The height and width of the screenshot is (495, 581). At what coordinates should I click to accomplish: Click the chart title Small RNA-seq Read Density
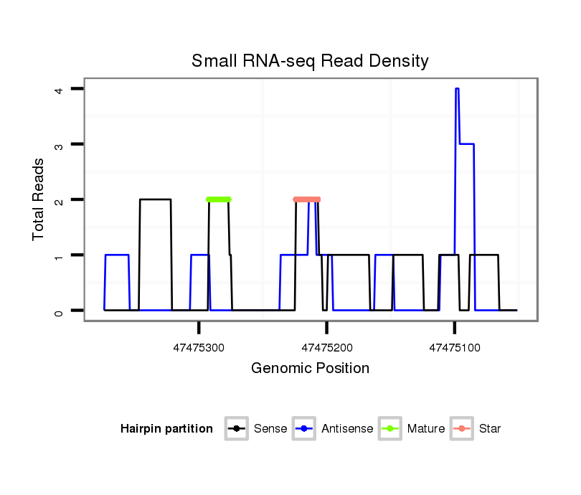pyautogui.click(x=310, y=61)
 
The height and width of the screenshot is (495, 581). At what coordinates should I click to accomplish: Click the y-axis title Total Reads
pyautogui.click(x=39, y=199)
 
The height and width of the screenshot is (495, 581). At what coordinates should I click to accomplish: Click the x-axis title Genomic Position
pyautogui.click(x=310, y=369)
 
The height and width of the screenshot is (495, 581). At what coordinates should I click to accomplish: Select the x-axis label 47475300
pyautogui.click(x=199, y=348)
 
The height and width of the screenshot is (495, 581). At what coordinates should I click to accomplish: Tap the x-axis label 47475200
pyautogui.click(x=327, y=348)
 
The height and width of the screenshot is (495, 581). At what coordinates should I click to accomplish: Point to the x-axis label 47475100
pyautogui.click(x=454, y=348)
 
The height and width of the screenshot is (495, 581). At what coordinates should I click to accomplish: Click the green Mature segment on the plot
pyautogui.click(x=219, y=199)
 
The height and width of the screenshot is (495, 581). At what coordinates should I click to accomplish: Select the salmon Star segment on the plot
pyautogui.click(x=307, y=199)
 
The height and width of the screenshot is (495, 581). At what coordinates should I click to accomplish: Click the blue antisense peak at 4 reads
pyautogui.click(x=457, y=89)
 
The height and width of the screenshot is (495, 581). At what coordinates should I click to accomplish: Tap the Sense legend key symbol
pyautogui.click(x=236, y=429)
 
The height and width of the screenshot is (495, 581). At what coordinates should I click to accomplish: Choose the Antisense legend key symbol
pyautogui.click(x=305, y=429)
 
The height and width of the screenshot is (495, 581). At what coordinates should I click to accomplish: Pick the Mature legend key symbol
pyautogui.click(x=390, y=429)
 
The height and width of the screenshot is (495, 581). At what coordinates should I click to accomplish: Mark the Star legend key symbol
pyautogui.click(x=461, y=429)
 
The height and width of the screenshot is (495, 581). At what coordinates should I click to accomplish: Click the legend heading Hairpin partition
pyautogui.click(x=167, y=429)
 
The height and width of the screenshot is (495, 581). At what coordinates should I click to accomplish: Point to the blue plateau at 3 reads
pyautogui.click(x=466, y=144)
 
